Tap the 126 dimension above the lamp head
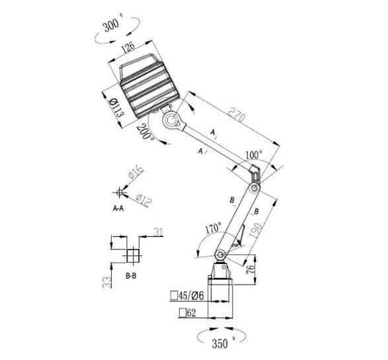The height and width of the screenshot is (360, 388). click(x=128, y=47)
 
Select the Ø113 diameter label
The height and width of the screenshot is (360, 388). click(x=116, y=107)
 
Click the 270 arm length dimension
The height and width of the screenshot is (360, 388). click(x=237, y=114)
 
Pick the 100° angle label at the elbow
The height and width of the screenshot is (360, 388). click(x=254, y=155)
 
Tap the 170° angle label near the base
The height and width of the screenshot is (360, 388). click(x=213, y=228)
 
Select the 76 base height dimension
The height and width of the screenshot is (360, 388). click(x=250, y=269)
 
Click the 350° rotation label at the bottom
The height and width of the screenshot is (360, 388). click(x=223, y=343)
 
